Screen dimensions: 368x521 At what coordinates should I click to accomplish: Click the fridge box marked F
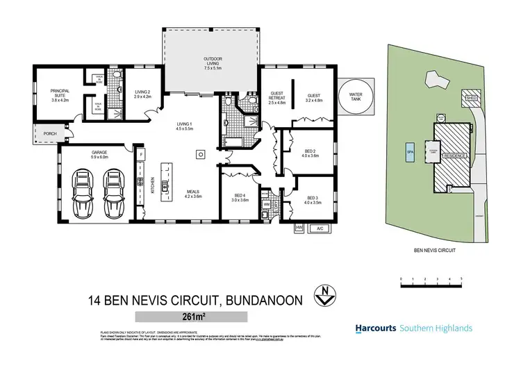140,153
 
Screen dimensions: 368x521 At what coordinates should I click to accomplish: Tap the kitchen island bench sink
165,185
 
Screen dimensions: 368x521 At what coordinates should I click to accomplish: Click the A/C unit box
320,227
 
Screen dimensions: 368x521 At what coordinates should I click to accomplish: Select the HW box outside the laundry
299,227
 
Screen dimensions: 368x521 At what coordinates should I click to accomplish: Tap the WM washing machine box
267,204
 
